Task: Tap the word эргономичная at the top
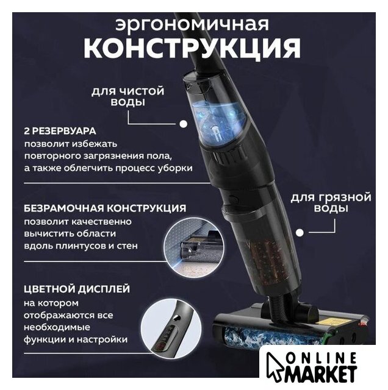click(192, 24)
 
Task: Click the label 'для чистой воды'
click(128, 96)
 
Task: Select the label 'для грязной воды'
click(331, 202)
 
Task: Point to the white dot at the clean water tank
click(184, 124)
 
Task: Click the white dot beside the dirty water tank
click(300, 233)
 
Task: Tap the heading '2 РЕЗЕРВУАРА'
click(60, 131)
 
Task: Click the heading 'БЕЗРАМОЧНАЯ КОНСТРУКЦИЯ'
click(105, 208)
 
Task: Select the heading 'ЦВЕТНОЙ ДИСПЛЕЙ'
click(77, 289)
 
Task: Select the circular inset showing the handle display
click(172, 328)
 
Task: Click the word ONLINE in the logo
click(322, 358)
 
